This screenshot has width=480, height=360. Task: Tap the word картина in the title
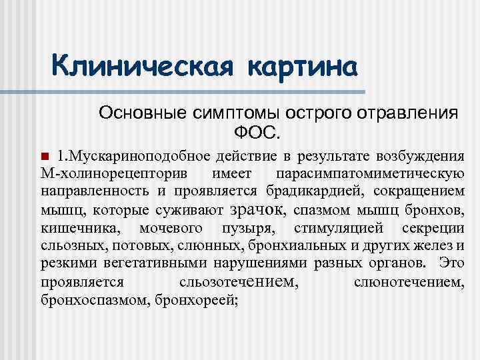303,67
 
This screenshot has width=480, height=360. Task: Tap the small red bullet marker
45,157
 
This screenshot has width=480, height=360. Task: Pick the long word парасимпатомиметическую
369,174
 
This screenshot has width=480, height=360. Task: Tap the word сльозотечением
239,282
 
